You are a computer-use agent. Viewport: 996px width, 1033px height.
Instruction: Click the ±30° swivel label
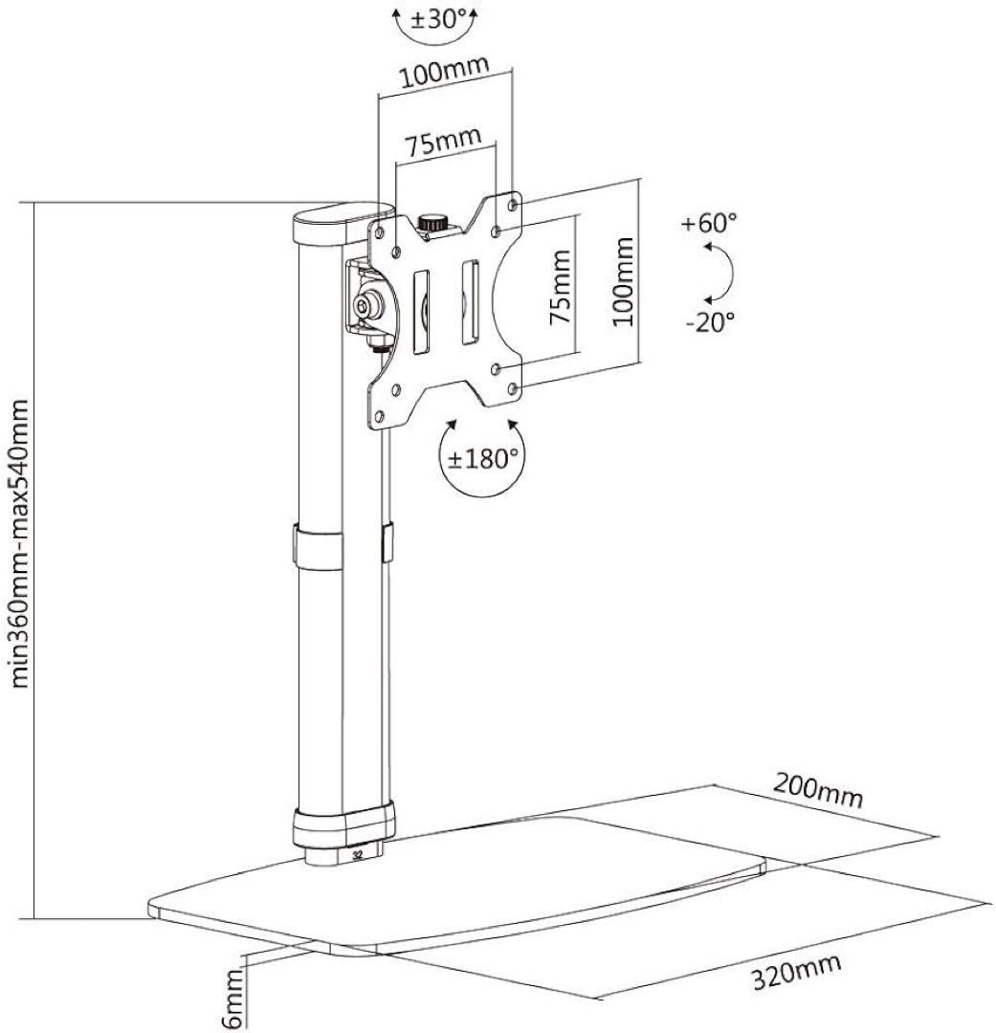pos(437,19)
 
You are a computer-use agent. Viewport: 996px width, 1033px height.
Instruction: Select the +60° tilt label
pos(709,223)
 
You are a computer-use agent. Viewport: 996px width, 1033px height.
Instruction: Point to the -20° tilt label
pos(709,322)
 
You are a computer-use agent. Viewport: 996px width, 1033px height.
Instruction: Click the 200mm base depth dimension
pos(817,791)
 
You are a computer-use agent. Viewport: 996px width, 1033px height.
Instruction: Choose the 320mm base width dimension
pos(797,972)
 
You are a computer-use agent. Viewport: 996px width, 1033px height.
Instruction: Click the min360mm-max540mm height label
pos(20,543)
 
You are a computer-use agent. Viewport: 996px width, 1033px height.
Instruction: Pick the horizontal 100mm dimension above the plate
pos(445,72)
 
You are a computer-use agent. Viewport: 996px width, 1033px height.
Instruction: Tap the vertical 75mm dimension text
pos(560,287)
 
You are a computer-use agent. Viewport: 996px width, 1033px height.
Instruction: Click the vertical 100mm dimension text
pos(623,282)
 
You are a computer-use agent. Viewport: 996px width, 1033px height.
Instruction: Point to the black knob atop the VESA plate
pos(433,221)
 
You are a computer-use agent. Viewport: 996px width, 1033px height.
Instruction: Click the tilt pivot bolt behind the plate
pos(364,305)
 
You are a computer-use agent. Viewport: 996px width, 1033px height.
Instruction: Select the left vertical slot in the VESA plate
pos(421,312)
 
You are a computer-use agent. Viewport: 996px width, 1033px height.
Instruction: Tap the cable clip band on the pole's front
pos(319,545)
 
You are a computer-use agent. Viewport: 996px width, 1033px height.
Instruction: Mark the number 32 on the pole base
pos(358,856)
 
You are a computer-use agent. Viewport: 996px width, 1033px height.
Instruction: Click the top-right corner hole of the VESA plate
pos(514,205)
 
